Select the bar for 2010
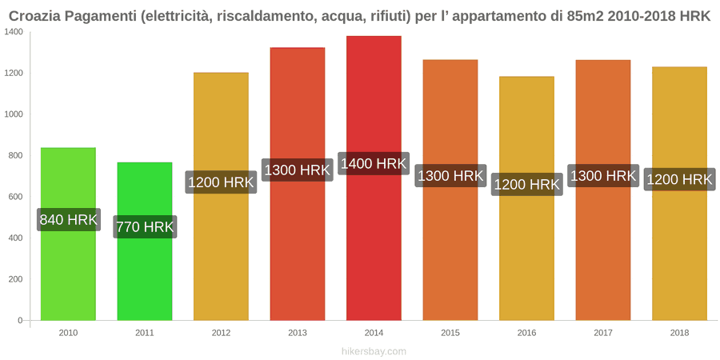(x=69, y=234)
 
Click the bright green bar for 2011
(x=145, y=241)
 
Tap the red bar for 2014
(x=374, y=178)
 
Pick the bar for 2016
(x=526, y=198)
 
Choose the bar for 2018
(x=679, y=194)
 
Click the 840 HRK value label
(x=69, y=220)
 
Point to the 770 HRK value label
(x=145, y=227)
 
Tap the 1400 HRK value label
(x=374, y=163)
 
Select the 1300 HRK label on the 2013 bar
(x=298, y=170)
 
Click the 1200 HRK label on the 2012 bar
(x=221, y=182)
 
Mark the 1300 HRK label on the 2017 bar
(x=603, y=175)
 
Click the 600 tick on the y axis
(x=16, y=197)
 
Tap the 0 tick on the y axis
(x=20, y=321)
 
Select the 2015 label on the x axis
(x=450, y=333)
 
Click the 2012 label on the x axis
(x=221, y=333)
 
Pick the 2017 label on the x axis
(x=603, y=333)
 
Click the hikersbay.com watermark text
(x=374, y=352)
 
